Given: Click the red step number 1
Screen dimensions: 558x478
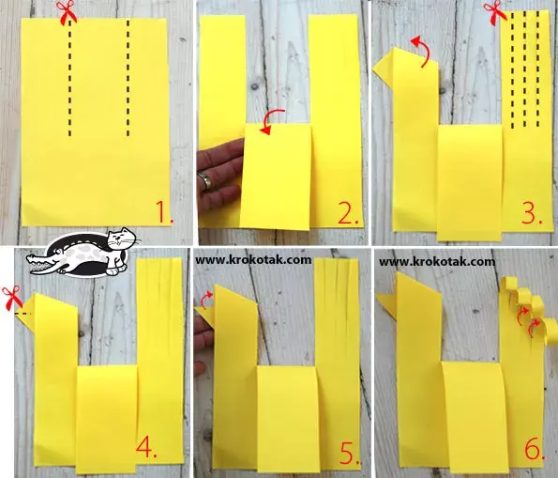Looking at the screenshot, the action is (x=164, y=212).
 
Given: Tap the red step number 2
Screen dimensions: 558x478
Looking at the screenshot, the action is (x=348, y=213).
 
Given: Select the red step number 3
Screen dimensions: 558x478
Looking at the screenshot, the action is (x=532, y=213).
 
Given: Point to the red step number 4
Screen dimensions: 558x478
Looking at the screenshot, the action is (x=146, y=445).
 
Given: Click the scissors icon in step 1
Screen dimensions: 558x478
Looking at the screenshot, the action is (x=67, y=12).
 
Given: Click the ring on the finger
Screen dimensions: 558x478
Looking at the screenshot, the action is (x=205, y=180).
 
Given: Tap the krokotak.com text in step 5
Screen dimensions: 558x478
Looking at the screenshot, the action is (x=253, y=260).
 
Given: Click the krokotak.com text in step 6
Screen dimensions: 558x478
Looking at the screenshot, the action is (x=437, y=262).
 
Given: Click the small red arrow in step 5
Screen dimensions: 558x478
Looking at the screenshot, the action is (x=204, y=301).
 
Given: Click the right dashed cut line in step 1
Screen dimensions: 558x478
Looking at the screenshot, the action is (x=128, y=78).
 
